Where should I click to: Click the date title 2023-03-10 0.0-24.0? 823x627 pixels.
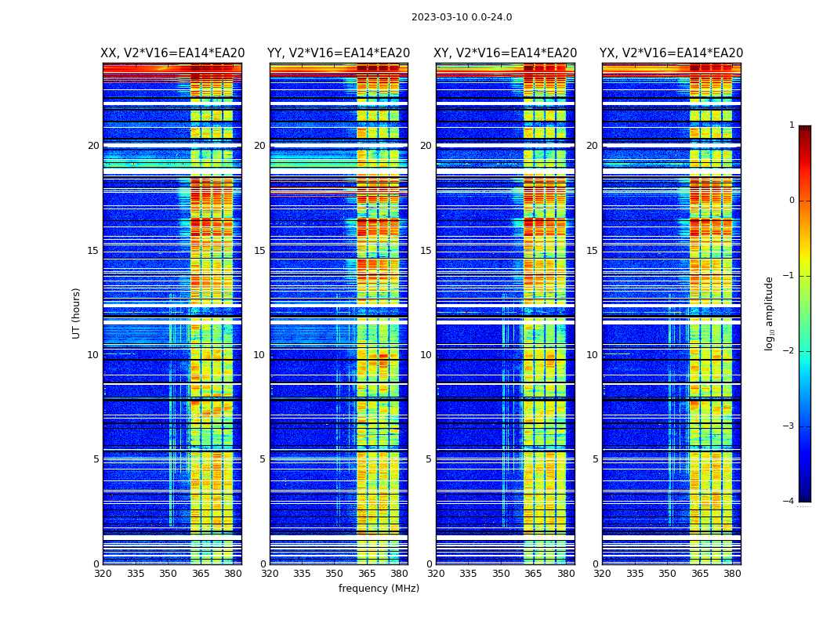pyautogui.click(x=462, y=17)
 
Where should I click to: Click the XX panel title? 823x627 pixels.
pyautogui.click(x=172, y=53)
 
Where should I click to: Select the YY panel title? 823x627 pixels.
pyautogui.click(x=339, y=53)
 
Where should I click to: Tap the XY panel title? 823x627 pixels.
pyautogui.click(x=506, y=53)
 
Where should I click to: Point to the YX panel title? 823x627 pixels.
pyautogui.click(x=672, y=53)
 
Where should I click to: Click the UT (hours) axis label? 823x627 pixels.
pyautogui.click(x=77, y=313)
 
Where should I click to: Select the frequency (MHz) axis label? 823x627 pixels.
pyautogui.click(x=379, y=589)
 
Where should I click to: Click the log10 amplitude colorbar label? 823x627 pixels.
pyautogui.click(x=770, y=313)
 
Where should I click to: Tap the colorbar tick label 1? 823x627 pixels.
pyautogui.click(x=792, y=125)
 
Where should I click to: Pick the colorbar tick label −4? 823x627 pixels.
pyautogui.click(x=789, y=502)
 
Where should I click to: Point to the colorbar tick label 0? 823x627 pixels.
pyautogui.click(x=792, y=201)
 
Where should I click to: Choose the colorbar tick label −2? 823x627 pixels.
pyautogui.click(x=789, y=351)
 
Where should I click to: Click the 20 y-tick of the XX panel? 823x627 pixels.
pyautogui.click(x=93, y=146)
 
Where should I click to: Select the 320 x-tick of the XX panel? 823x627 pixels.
pyautogui.click(x=103, y=574)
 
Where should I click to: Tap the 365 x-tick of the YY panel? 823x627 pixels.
pyautogui.click(x=367, y=574)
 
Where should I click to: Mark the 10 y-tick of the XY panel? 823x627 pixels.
pyautogui.click(x=426, y=355)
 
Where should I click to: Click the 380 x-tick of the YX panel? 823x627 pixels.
pyautogui.click(x=732, y=574)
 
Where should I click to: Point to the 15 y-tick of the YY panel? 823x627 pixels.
pyautogui.click(x=259, y=251)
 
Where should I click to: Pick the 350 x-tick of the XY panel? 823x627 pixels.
pyautogui.click(x=501, y=574)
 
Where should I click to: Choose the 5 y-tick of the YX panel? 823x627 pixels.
pyautogui.click(x=595, y=459)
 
